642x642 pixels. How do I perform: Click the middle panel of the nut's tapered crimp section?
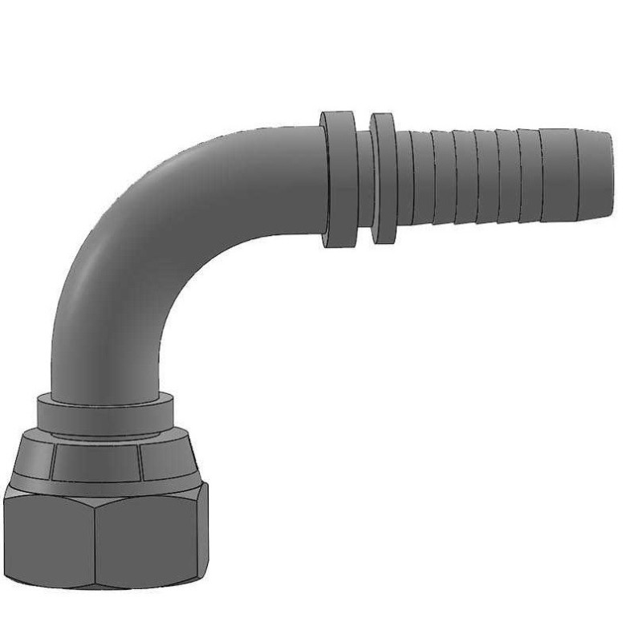97,461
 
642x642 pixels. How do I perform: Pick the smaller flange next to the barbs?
383,178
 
